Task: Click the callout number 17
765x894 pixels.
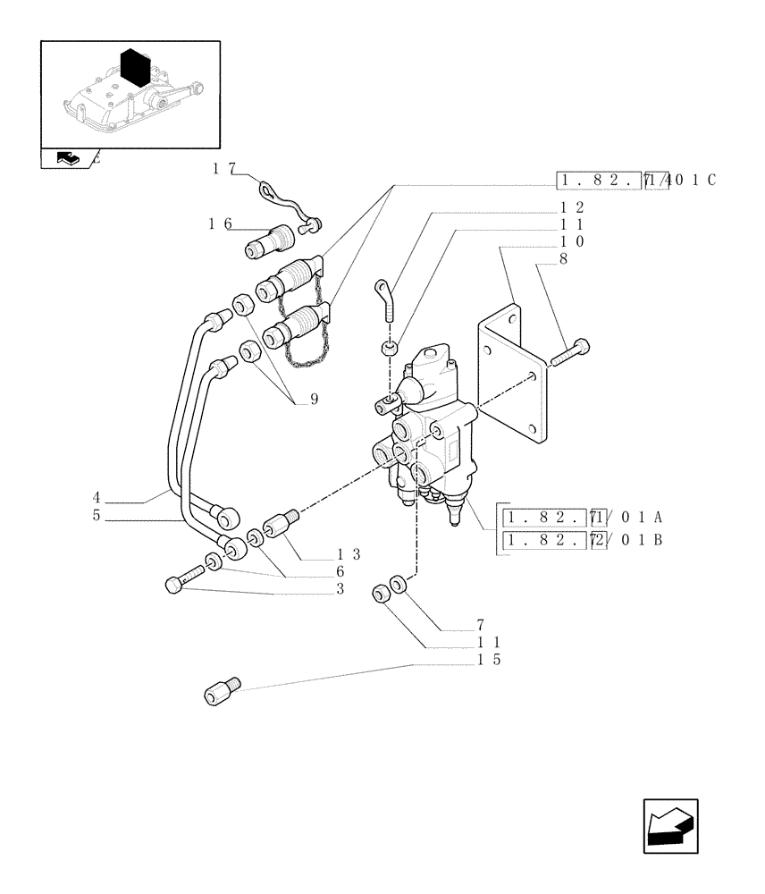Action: pyautogui.click(x=223, y=167)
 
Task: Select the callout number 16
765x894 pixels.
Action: pyautogui.click(x=220, y=223)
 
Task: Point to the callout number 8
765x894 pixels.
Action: pyautogui.click(x=564, y=259)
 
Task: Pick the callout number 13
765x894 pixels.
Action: pyautogui.click(x=349, y=554)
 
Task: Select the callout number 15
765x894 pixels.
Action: pyautogui.click(x=489, y=660)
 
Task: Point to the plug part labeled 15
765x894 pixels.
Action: pyautogui.click(x=223, y=692)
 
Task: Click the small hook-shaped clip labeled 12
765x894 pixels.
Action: pyautogui.click(x=385, y=299)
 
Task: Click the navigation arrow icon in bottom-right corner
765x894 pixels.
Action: pyautogui.click(x=670, y=826)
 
